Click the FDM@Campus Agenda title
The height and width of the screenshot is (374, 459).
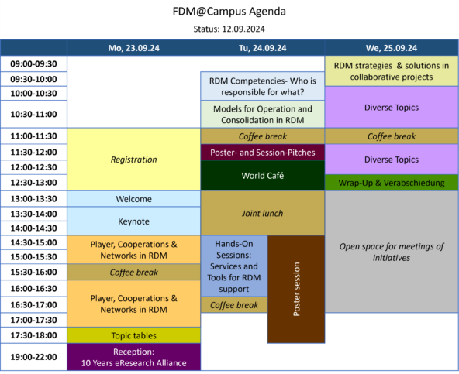[229, 12]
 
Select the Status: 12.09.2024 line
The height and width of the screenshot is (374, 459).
[229, 29]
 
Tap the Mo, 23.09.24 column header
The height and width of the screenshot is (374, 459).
[134, 48]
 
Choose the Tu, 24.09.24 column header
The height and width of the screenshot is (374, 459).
[263, 48]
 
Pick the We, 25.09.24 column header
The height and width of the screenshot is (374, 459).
[392, 48]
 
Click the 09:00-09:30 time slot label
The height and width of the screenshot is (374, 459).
[33, 63]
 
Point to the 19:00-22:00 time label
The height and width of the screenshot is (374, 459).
[33, 357]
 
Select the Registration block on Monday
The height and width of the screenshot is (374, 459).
[134, 160]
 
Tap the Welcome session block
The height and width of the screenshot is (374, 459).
[134, 199]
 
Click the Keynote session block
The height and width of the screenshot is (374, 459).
[134, 221]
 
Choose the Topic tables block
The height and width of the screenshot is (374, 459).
[134, 335]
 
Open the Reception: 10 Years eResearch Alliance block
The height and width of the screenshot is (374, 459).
[134, 357]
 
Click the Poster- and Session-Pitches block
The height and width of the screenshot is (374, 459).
[263, 153]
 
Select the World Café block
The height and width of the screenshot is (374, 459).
[263, 176]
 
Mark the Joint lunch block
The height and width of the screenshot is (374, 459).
[263, 213]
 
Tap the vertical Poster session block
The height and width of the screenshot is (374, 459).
[296, 289]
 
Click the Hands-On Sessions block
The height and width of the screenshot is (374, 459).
[234, 266]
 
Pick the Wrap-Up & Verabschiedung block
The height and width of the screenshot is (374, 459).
[392, 183]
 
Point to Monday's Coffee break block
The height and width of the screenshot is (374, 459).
[134, 273]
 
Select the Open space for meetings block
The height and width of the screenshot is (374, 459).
[392, 252]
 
